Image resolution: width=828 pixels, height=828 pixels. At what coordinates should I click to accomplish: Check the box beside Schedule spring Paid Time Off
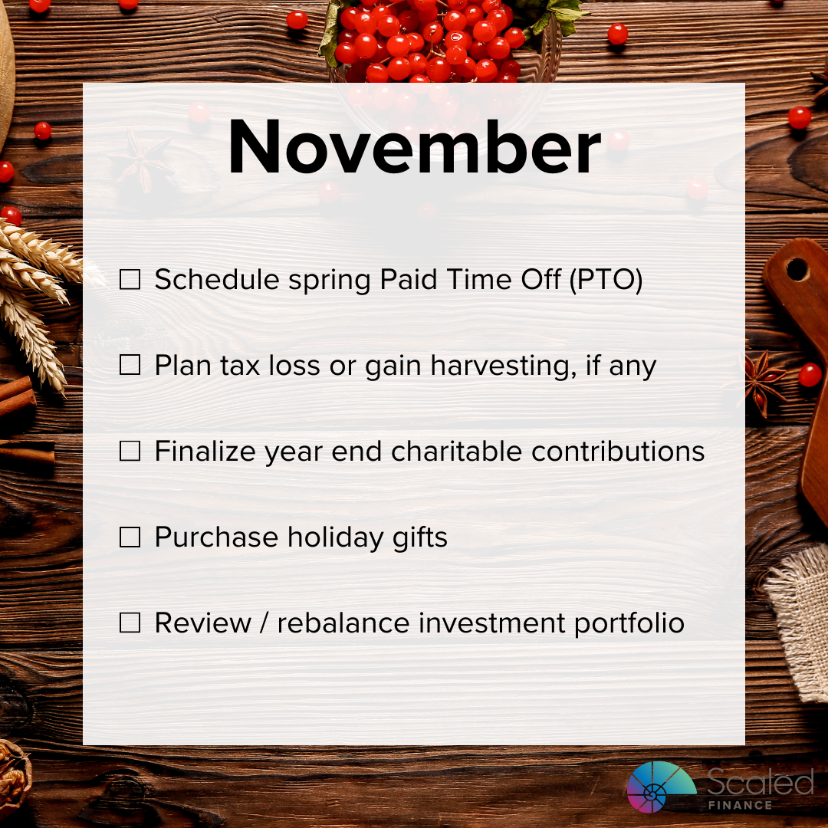tap(130, 279)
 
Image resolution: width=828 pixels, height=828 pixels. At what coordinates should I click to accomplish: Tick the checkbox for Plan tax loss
tap(130, 365)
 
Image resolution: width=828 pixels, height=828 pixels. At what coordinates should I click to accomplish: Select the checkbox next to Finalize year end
tap(130, 451)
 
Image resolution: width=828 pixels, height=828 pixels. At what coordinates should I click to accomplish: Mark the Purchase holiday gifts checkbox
tap(130, 537)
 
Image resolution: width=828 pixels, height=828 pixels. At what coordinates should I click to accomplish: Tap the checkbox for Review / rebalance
tap(130, 623)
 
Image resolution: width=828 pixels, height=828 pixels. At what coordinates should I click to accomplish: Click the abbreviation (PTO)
tap(606, 280)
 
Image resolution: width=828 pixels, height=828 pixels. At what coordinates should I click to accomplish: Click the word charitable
tap(456, 452)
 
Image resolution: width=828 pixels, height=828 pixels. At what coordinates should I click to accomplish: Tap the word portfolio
tap(629, 623)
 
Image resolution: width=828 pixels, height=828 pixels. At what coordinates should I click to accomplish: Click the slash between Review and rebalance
tap(264, 623)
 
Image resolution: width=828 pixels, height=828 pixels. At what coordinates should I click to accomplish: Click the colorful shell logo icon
tap(662, 787)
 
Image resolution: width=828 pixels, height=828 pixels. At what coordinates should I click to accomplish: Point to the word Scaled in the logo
tap(761, 781)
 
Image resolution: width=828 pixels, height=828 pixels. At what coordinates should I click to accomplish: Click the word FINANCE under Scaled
tap(741, 805)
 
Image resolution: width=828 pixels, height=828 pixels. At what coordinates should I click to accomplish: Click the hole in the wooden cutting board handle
tap(797, 270)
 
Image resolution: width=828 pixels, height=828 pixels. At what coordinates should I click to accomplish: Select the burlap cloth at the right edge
tap(797, 623)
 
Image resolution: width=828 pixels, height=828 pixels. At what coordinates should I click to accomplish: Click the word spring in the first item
tap(329, 281)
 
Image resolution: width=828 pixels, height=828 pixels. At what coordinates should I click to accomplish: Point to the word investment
tap(491, 623)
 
